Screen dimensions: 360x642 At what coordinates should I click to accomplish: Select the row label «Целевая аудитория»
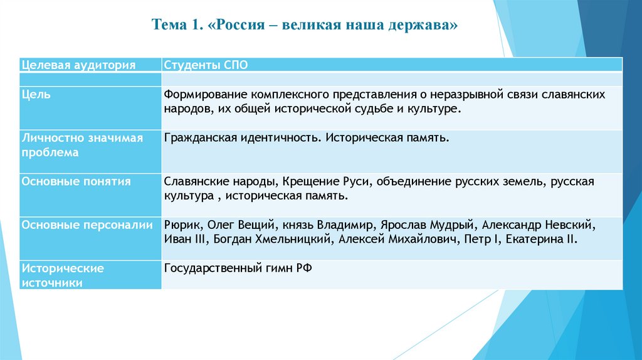coord(78,65)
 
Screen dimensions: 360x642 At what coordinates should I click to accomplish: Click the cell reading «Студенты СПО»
coord(201,65)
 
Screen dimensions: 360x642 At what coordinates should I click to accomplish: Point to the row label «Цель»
coord(36,94)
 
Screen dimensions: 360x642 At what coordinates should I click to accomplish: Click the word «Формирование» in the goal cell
coord(204,94)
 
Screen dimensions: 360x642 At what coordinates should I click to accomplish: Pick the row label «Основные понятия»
coord(76,182)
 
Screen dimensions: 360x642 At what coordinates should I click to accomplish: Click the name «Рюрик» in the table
coord(181,225)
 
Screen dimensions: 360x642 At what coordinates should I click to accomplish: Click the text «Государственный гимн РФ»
coord(238,268)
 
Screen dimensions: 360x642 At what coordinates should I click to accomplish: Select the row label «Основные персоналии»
coord(87,225)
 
